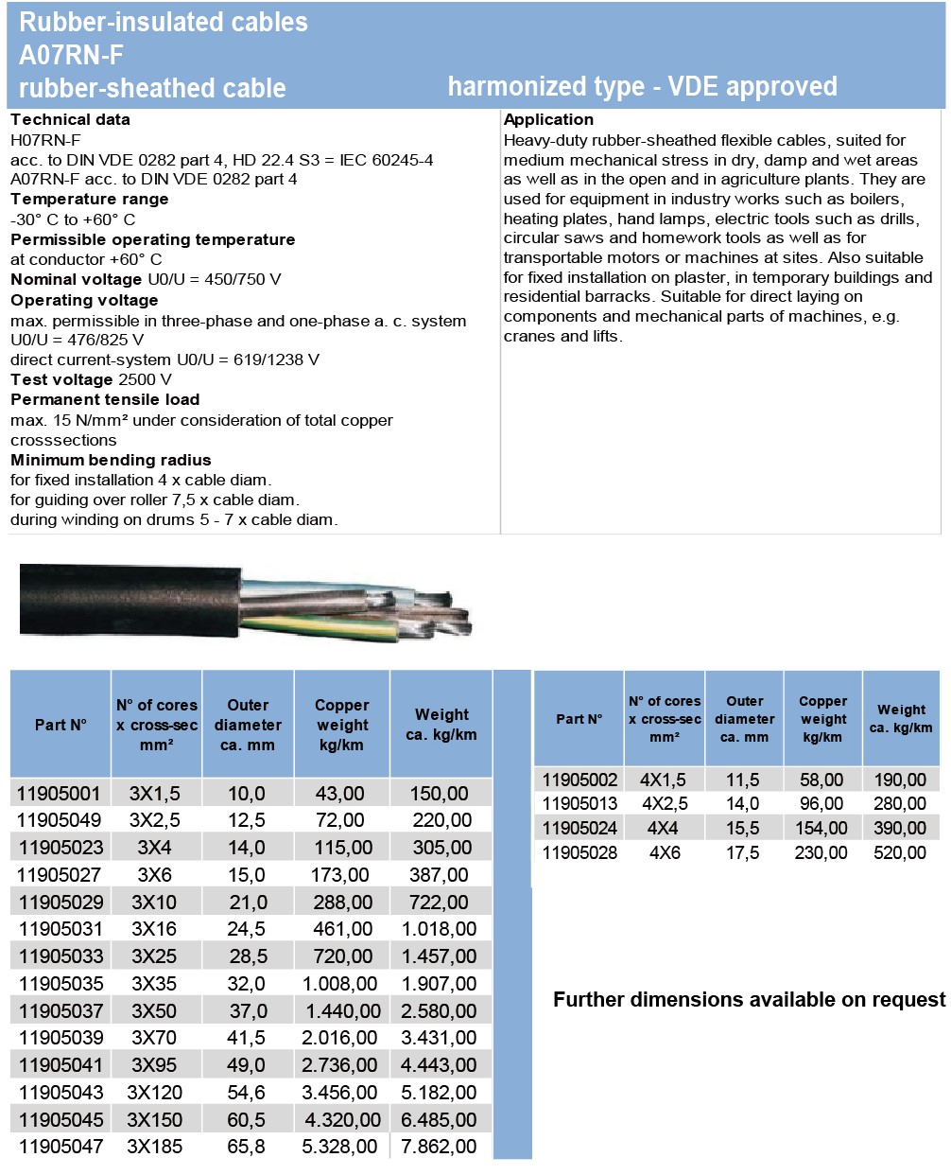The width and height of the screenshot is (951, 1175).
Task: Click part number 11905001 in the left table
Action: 59,793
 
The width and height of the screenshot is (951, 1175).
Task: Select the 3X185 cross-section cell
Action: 155,1147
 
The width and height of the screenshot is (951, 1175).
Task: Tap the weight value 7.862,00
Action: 439,1147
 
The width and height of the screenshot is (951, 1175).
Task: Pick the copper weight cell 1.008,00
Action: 339,984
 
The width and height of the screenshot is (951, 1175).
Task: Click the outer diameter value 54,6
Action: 246,1093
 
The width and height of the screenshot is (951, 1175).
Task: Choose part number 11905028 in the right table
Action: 579,852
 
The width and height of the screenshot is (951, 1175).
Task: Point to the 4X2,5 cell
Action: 665,804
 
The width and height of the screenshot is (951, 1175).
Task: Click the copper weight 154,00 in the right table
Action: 821,828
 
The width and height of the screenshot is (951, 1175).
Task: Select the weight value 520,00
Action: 900,852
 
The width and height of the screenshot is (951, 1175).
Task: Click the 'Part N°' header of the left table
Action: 61,725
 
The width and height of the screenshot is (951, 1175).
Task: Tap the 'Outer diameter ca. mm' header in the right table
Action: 744,719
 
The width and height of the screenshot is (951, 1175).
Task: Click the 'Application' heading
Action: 548,119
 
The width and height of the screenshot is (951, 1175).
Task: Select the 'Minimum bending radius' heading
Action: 111,460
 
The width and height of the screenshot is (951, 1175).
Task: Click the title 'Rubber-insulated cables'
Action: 164,22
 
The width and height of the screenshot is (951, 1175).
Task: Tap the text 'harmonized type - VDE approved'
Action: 642,87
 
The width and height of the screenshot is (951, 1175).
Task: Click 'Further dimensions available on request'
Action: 749,1000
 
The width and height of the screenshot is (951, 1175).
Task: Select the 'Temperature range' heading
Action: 89,199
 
